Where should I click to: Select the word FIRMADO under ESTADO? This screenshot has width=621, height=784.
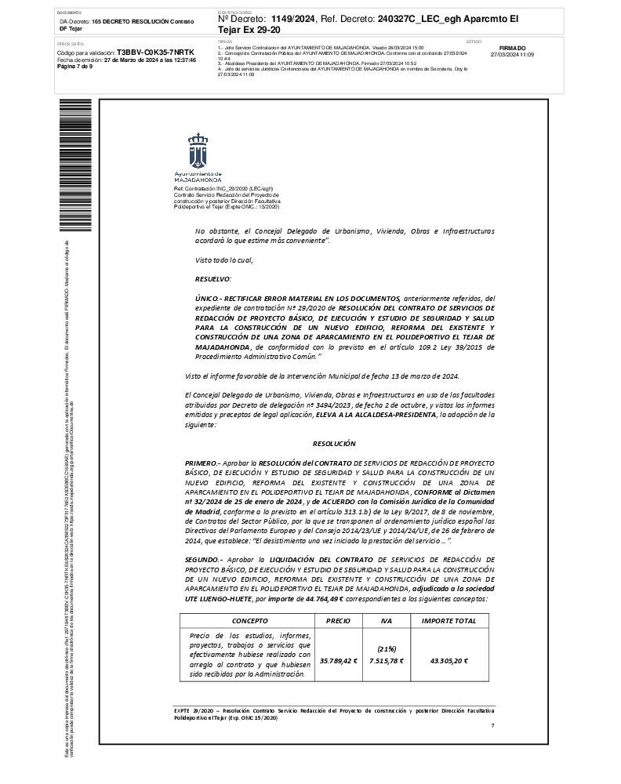[x=512, y=48]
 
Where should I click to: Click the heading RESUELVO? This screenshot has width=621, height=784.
[x=212, y=278]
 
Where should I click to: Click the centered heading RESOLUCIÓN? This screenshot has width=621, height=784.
[x=333, y=444]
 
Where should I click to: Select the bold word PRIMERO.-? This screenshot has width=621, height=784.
[x=202, y=464]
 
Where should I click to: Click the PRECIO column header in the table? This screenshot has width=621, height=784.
[x=338, y=620]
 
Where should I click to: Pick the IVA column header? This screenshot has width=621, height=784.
[x=386, y=620]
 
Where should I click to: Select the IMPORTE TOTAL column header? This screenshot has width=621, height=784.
[x=448, y=620]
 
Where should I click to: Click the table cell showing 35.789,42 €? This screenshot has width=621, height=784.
[x=338, y=661]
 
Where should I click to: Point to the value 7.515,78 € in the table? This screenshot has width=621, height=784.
[x=386, y=661]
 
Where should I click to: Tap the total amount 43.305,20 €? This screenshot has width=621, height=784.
[x=448, y=661]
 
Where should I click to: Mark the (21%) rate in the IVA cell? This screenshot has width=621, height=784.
[x=386, y=649]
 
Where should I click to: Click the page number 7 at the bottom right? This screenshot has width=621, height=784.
[x=492, y=726]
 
